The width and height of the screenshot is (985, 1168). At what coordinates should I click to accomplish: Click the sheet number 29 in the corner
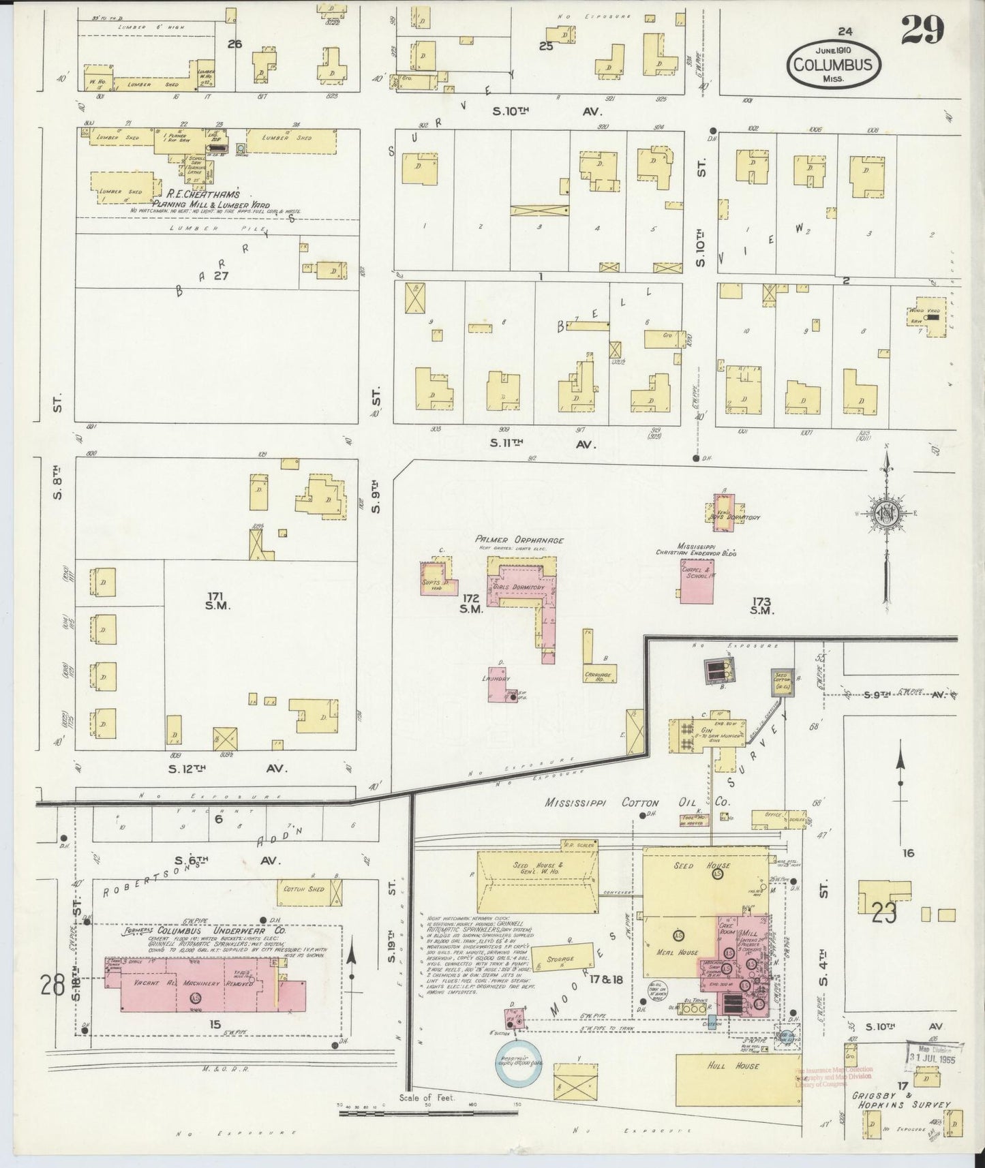point(922,30)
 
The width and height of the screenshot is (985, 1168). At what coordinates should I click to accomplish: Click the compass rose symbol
point(886,515)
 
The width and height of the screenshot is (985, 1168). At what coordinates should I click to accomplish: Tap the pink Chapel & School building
point(696,581)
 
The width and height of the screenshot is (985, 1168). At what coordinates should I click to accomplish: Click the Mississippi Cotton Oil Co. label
point(638,802)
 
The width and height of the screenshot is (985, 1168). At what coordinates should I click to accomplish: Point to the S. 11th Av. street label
point(543,443)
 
